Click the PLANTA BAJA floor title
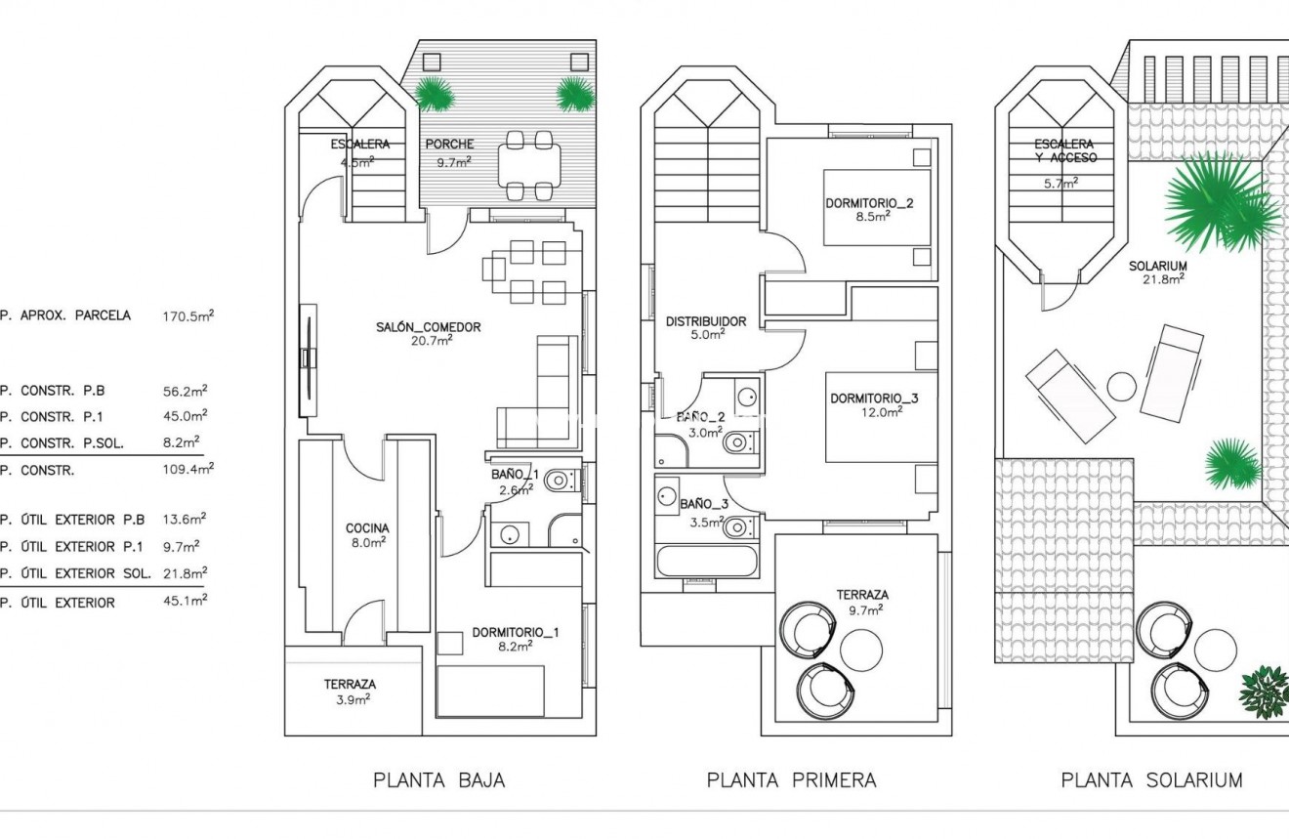tap(438, 780)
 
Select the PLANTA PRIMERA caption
tap(791, 780)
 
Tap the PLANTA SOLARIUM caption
tap(1151, 780)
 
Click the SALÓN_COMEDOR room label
tap(429, 327)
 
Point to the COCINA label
tap(367, 528)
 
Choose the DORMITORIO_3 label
tap(874, 399)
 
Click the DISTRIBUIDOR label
tap(706, 321)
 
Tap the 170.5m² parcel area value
tap(187, 315)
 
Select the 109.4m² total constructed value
tap(187, 469)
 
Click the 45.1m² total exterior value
tap(185, 602)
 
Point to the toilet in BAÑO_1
tap(560, 480)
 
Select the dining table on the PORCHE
tap(529, 164)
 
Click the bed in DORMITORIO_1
tap(489, 690)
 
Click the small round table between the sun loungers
tap(1122, 387)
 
